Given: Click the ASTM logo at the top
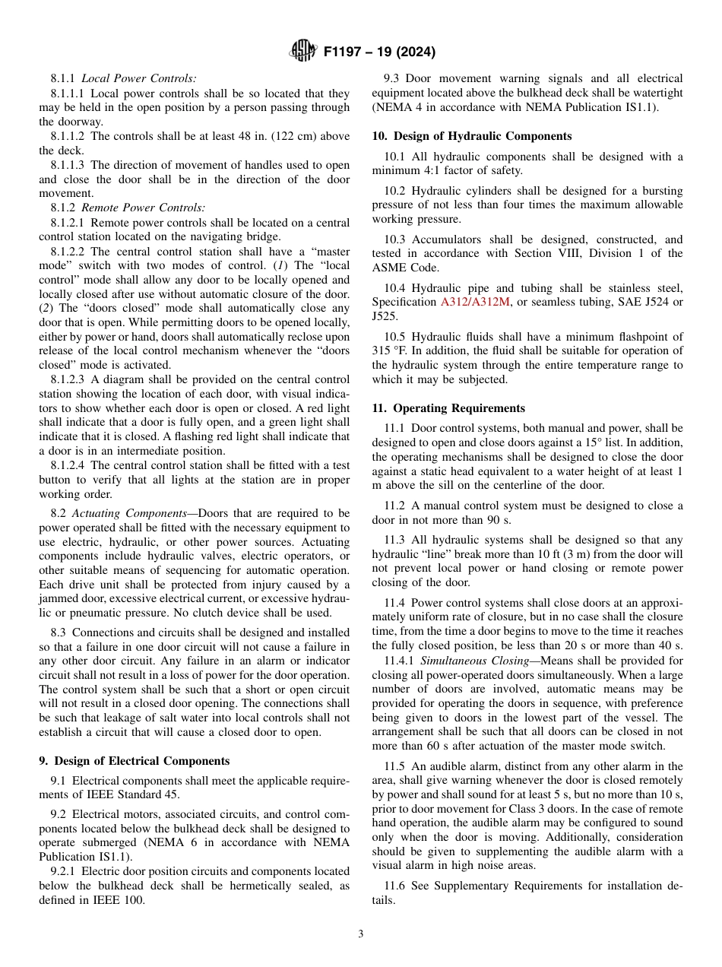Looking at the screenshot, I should (x=303, y=52).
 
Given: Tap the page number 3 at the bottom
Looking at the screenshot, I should (x=360, y=934).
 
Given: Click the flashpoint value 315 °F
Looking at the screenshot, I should (x=391, y=350).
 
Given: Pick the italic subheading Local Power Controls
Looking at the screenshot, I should (x=138, y=78).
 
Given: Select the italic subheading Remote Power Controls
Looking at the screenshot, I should (x=143, y=208).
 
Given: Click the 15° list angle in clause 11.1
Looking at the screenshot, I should (x=594, y=442).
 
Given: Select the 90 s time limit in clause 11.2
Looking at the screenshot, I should (x=497, y=520).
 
